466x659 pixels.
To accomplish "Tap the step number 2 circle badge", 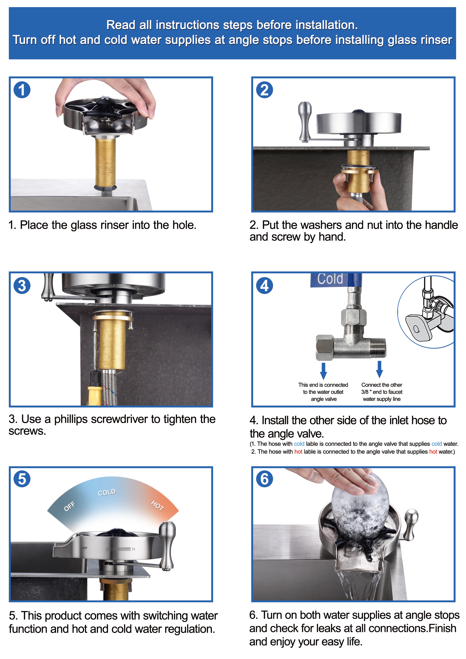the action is pos(264,90).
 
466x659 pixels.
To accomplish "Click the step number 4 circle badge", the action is pos(264,286).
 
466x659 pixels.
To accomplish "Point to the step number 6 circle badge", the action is pos(264,479).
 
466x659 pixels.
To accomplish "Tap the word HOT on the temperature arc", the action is pos(158,506).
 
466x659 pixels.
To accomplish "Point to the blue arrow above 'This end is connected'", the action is pos(324,371).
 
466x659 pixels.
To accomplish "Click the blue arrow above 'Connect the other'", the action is pos(380,369).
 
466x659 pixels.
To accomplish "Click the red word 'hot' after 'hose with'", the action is pos(298,452).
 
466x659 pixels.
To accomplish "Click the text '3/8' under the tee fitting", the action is pos(365,392).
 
